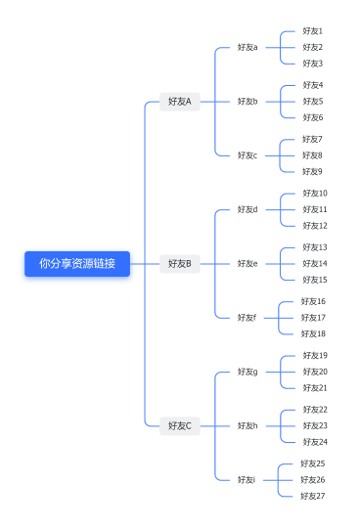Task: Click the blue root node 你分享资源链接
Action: click(77, 263)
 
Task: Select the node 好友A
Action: click(180, 101)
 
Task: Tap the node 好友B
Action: click(180, 263)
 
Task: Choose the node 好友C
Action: click(180, 425)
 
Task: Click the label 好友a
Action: click(247, 47)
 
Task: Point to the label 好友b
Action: click(247, 101)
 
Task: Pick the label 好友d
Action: click(247, 209)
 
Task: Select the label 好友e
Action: click(247, 263)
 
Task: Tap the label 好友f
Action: click(247, 317)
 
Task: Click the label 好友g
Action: click(247, 372)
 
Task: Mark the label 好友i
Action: click(246, 479)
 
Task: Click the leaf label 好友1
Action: click(312, 31)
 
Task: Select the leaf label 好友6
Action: click(312, 117)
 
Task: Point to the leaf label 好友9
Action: click(312, 171)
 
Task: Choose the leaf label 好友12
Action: click(315, 225)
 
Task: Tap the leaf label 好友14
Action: click(315, 263)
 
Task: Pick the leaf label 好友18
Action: click(313, 333)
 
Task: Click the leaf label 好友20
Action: click(315, 372)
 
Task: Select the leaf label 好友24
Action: click(315, 442)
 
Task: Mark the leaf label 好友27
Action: click(313, 496)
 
